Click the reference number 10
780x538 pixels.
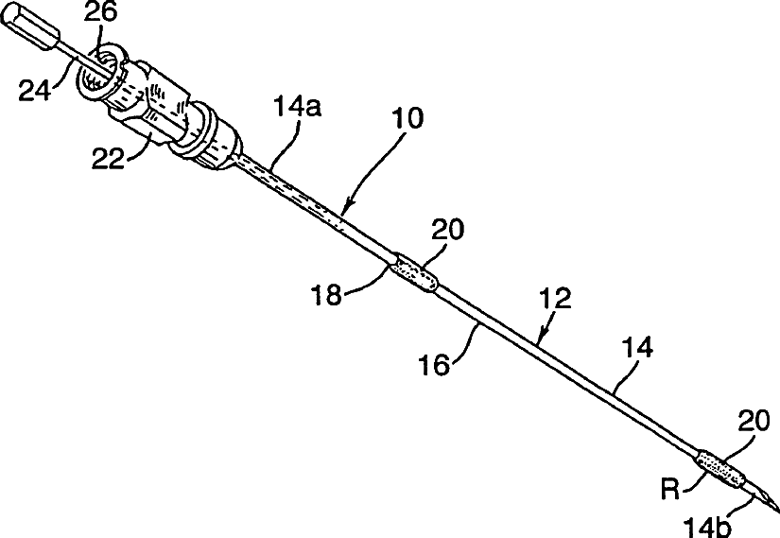[407, 119]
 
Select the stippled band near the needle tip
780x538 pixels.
[720, 469]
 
